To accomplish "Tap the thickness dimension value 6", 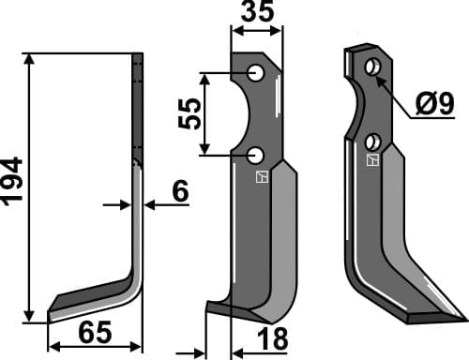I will [x=179, y=192].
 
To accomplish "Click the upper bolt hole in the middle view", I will [x=256, y=72].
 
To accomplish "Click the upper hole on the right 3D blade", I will [x=372, y=66].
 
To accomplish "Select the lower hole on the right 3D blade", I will [x=372, y=142].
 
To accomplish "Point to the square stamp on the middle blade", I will [x=263, y=175].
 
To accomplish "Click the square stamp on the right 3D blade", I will [x=372, y=161].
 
